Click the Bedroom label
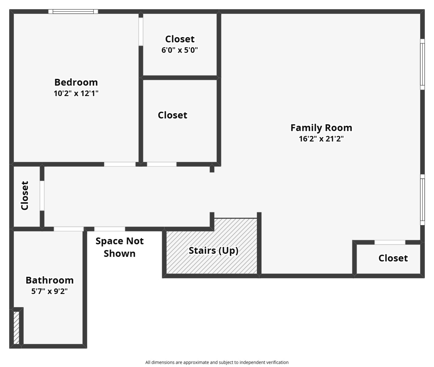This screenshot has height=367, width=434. (76, 82)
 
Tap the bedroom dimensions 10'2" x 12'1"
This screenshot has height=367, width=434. (76, 93)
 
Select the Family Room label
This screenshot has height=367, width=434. (321, 128)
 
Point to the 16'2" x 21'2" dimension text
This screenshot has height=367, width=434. (321, 139)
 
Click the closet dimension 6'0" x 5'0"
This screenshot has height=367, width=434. (180, 50)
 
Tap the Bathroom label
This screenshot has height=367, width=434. (50, 280)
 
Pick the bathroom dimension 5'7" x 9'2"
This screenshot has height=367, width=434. (49, 291)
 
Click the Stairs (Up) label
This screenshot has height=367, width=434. (213, 251)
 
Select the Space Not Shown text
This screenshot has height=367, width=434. (120, 247)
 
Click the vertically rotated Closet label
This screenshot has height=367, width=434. (25, 196)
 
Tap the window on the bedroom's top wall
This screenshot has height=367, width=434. (73, 11)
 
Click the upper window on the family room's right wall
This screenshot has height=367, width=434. (422, 64)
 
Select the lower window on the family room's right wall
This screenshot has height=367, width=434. (422, 200)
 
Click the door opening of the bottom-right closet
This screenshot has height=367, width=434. (390, 242)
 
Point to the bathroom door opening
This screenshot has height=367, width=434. (69, 229)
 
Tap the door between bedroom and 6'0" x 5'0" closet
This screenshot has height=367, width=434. (141, 32)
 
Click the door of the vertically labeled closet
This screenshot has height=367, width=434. (42, 196)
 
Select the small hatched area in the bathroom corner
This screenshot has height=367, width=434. (16, 328)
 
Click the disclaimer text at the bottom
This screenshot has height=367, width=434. (217, 362)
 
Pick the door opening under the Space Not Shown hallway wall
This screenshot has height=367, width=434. (110, 229)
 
